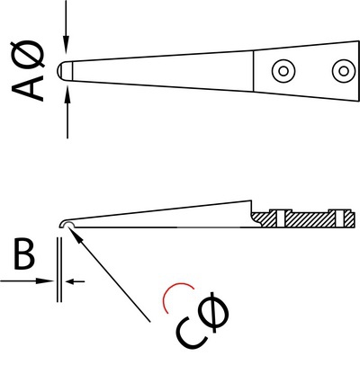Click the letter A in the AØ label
coord(28,88)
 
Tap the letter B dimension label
coord(24,255)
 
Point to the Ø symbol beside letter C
coord(213,311)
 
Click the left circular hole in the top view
coord(283,71)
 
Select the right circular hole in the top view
coord(344,71)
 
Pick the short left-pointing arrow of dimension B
coord(75,281)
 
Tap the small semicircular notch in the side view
coord(67,223)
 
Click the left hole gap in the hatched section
coord(280,218)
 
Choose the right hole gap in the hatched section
coord(340,218)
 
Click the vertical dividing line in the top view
coord(254,71)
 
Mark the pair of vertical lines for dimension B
coord(59,270)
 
